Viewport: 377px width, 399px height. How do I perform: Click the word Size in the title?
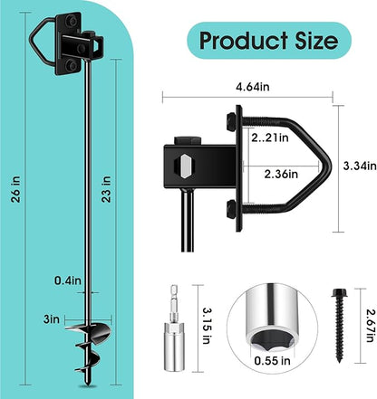(313, 41)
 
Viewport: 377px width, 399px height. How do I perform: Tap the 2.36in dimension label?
(270, 173)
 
